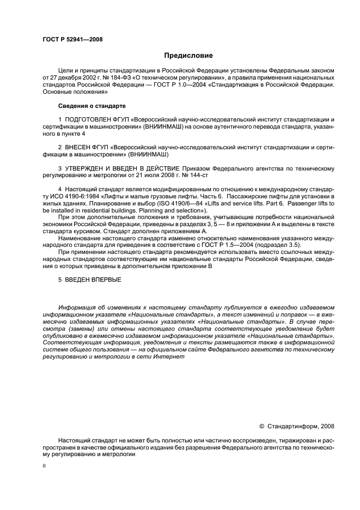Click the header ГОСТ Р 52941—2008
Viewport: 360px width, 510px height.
(x=72, y=39)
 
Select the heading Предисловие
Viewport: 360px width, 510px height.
(x=188, y=56)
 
